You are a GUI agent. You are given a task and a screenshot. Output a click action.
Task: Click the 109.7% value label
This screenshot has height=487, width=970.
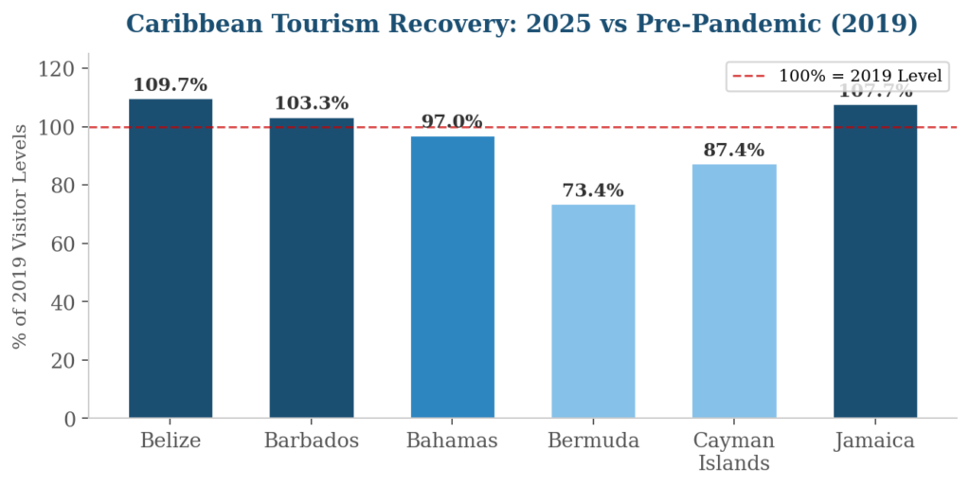click(171, 85)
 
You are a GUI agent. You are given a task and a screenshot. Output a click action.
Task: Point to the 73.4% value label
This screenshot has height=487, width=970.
click(593, 190)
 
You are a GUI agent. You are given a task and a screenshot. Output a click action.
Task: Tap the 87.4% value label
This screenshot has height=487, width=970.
click(734, 150)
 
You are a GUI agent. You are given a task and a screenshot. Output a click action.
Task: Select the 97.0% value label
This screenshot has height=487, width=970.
click(453, 122)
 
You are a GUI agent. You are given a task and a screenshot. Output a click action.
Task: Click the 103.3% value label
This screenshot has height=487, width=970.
click(312, 103)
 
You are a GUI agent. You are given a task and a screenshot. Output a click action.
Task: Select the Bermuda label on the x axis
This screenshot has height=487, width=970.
click(593, 442)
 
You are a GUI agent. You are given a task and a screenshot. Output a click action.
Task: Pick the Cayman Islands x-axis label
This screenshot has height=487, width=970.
click(734, 452)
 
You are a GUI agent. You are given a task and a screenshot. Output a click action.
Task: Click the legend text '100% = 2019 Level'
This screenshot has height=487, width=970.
click(860, 77)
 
